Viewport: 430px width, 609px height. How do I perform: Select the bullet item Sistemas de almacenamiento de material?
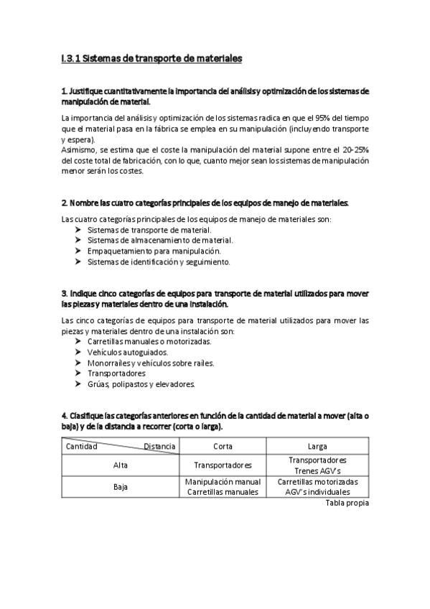coord(159,240)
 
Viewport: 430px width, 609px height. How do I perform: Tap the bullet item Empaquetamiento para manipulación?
coord(154,251)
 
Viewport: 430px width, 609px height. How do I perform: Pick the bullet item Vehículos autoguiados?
coord(128,353)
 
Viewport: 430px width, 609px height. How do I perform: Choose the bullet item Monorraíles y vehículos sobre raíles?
coord(151,363)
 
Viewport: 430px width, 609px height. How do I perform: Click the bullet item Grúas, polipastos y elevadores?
coord(141,384)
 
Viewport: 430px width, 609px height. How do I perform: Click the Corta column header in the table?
coord(223,447)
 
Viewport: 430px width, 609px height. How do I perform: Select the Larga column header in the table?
coord(317,447)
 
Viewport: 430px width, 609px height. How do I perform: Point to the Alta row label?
coord(121,465)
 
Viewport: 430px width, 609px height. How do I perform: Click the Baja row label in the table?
coord(121,487)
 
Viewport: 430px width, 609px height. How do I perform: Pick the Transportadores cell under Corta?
coord(223,465)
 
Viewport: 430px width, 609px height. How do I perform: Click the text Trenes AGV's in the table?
coord(317,470)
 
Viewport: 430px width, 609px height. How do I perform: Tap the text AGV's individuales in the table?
coord(317,493)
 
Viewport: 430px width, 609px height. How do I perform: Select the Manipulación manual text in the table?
coord(223,482)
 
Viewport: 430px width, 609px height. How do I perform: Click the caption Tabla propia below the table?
coord(347,504)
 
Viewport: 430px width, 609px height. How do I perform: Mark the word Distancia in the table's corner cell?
coord(159,446)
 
